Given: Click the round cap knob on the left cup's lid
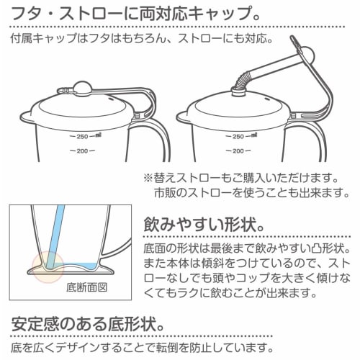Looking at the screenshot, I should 83,89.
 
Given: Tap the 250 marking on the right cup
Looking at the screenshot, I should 256,135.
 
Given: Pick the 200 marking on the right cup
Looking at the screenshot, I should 256,150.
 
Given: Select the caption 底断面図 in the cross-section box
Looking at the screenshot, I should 86,287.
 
